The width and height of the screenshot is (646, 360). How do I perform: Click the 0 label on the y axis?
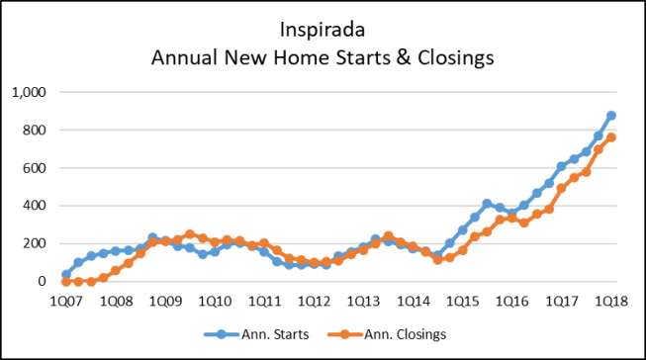[42, 282]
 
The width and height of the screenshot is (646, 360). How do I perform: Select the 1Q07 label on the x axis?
[65, 300]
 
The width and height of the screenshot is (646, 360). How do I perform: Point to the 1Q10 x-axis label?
[215, 300]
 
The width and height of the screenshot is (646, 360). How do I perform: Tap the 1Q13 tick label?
[363, 300]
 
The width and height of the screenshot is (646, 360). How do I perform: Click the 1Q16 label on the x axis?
[511, 300]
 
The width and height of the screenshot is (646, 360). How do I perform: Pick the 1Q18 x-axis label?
[610, 300]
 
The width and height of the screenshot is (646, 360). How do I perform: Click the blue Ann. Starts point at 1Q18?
[610, 116]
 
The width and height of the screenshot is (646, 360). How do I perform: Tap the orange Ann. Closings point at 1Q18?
[610, 137]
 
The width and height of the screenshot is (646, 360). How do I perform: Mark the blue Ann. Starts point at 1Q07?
[66, 275]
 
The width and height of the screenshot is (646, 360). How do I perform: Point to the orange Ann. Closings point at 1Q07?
[66, 282]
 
